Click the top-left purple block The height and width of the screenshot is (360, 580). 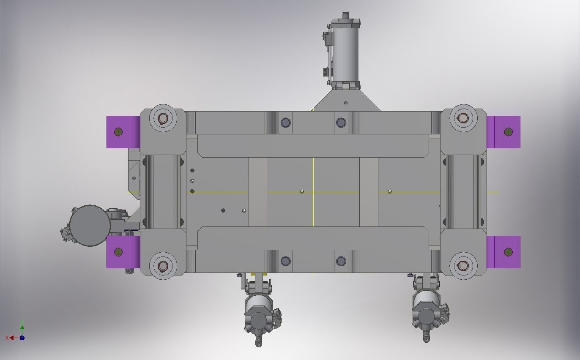123,132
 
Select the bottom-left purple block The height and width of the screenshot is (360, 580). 123,252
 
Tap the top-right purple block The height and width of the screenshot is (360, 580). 504,132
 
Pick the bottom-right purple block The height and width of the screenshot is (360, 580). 504,252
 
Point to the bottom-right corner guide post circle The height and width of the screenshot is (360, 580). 463,266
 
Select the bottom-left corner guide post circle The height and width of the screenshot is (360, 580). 163,266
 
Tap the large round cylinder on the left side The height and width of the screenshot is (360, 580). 90,226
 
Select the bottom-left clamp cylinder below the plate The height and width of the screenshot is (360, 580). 258,311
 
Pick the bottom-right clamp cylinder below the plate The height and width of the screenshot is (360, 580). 427,308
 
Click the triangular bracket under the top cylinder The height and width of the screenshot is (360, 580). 346,101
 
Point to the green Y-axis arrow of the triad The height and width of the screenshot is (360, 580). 22,326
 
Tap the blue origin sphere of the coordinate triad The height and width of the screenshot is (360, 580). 22,338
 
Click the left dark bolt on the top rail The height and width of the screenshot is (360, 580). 285,123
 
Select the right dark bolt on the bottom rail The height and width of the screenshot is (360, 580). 341,261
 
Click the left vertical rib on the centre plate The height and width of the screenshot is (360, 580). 257,192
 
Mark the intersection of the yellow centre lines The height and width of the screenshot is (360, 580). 313,192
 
